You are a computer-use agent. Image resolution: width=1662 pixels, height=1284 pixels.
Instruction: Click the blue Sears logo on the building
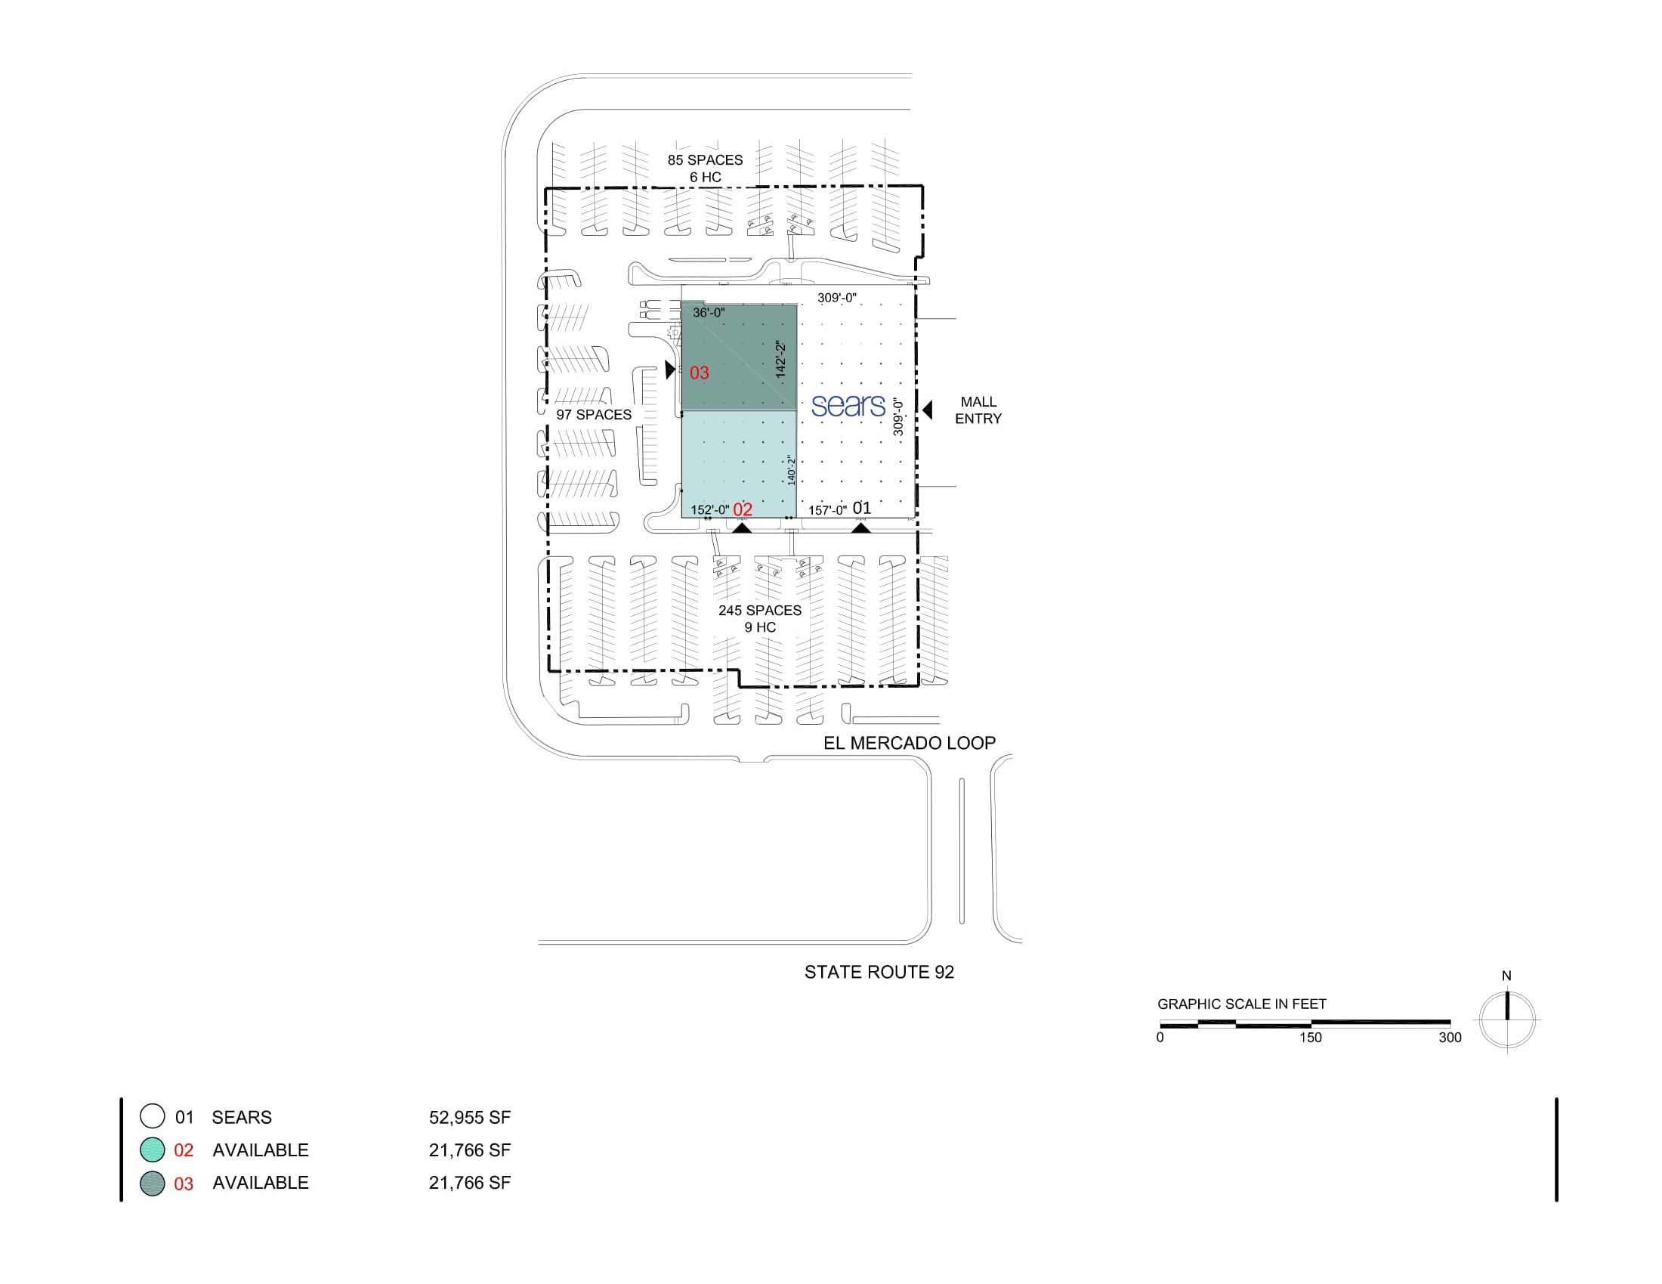tap(848, 406)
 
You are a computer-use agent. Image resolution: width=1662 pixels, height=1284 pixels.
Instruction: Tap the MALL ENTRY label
tap(978, 410)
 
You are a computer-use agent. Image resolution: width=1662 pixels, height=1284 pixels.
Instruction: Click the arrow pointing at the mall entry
tap(928, 410)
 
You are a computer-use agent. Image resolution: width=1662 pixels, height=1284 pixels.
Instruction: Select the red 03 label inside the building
tap(700, 373)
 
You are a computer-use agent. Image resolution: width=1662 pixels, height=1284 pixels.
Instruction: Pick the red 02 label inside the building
tap(743, 510)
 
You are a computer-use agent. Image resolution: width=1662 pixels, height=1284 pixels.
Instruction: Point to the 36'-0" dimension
tap(709, 313)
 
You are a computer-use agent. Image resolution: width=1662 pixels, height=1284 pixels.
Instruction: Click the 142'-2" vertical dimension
tap(781, 358)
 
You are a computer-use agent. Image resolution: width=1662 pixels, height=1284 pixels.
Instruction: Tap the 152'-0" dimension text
tap(710, 510)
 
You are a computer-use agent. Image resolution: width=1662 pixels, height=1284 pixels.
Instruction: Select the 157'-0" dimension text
tap(827, 510)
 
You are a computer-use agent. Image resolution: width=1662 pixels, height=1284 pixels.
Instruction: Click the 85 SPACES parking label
tap(706, 159)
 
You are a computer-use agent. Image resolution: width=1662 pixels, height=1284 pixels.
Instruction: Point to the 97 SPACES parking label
tap(594, 415)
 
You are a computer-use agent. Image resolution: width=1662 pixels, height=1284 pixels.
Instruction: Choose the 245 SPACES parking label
tap(760, 611)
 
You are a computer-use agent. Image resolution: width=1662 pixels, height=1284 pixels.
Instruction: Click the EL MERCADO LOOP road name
tap(910, 743)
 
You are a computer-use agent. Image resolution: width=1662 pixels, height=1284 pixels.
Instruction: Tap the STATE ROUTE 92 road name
tap(879, 972)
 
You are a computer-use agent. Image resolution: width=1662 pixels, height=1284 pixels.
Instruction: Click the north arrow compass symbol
tap(1508, 1019)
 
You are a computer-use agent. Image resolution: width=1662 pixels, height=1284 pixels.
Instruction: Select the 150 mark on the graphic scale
tap(1311, 1038)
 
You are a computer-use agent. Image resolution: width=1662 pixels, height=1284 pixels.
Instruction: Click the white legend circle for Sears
tap(152, 1115)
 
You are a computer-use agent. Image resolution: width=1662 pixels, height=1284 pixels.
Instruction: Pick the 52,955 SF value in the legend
tap(470, 1117)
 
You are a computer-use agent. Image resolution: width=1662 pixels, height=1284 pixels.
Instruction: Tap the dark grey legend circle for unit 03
tap(152, 1183)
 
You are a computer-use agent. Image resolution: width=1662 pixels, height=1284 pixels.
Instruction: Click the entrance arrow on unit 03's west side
tap(669, 370)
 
